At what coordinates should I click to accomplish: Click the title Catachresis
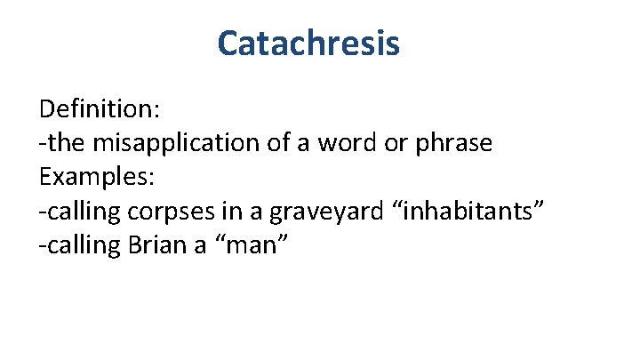[x=308, y=43]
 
